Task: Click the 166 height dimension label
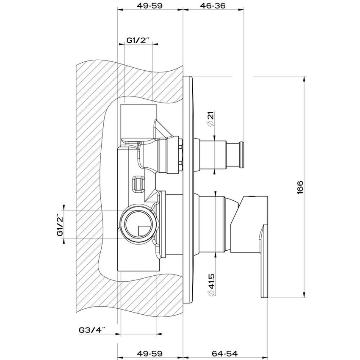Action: pos(300,187)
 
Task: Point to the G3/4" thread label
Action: pos(92,329)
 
